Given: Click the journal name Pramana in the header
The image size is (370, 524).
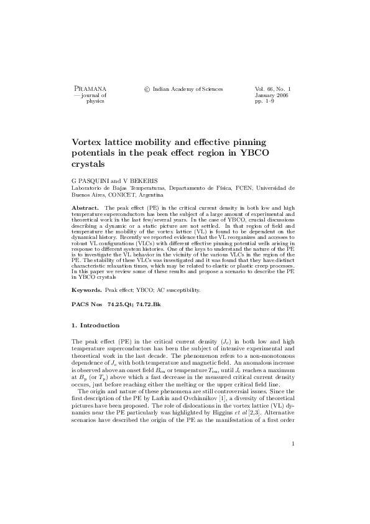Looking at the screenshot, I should (x=90, y=90).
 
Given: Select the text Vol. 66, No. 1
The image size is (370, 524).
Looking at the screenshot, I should (x=274, y=90).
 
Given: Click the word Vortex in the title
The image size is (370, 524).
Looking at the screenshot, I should (x=89, y=142).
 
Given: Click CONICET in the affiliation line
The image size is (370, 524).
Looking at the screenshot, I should (x=124, y=194).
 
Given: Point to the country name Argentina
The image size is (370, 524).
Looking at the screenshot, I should (x=157, y=194).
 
